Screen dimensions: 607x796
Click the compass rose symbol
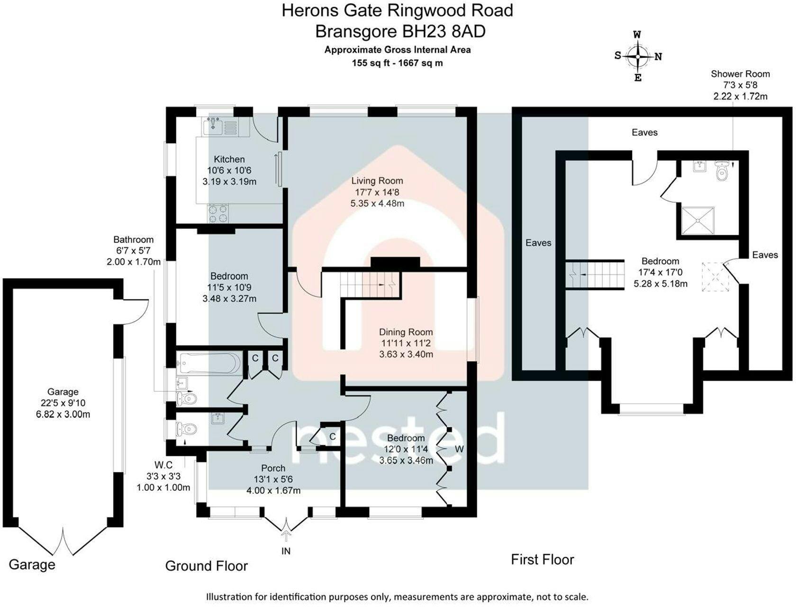coord(638,56)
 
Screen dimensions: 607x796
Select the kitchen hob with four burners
coord(218,213)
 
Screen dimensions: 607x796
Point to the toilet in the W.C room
coord(186,429)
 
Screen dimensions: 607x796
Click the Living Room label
coord(377,181)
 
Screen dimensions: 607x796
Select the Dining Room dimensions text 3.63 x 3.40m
coord(406,354)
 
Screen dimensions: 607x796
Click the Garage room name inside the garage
coord(63,392)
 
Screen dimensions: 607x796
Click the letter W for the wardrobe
coord(459,449)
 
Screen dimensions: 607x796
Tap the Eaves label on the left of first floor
coord(538,243)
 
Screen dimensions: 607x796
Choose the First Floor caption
coord(542,560)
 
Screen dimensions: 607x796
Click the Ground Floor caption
coord(206,566)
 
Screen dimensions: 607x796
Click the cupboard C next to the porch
coord(332,436)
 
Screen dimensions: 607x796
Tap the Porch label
coord(273,468)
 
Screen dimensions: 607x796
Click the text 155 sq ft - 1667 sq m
coord(397,63)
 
